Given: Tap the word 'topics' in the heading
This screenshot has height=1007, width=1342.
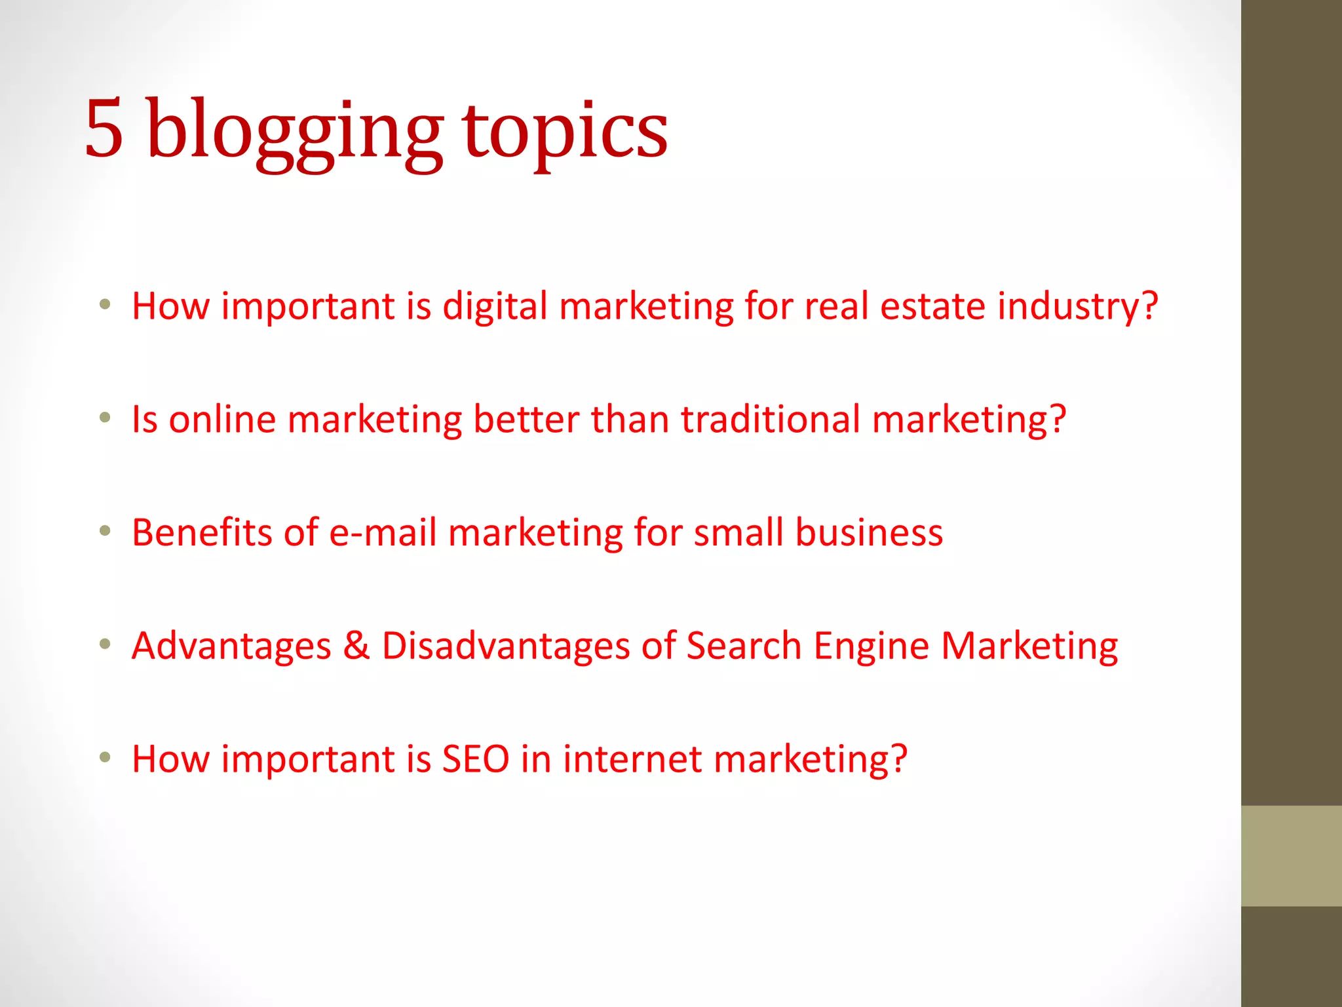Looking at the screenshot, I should [x=565, y=131].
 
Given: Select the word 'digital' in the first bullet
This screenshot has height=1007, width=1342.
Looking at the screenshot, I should [x=495, y=307].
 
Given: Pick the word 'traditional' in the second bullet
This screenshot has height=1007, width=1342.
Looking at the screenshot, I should [x=771, y=420].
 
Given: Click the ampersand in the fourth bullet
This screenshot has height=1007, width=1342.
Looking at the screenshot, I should [x=356, y=646].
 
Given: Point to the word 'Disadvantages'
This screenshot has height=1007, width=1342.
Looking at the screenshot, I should [x=505, y=646].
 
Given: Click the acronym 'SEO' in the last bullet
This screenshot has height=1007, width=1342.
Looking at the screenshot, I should [x=476, y=759].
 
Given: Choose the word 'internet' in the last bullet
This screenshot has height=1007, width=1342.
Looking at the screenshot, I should [x=632, y=759].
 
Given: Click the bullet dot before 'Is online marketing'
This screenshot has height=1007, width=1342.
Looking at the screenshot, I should [x=105, y=418].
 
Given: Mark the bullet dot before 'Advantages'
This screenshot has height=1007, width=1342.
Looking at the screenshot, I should [x=105, y=644].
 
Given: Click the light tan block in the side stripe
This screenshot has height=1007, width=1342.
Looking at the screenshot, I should [x=1291, y=856].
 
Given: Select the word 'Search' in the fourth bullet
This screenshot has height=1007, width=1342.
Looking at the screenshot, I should [x=744, y=646].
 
